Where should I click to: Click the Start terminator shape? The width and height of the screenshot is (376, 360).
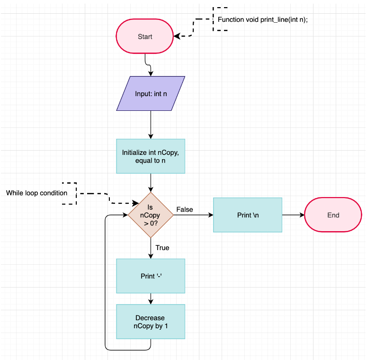click(145, 36)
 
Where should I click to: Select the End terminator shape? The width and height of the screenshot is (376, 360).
click(333, 215)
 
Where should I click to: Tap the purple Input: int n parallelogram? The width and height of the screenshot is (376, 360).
click(151, 94)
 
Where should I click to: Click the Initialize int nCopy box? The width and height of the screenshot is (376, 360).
click(151, 156)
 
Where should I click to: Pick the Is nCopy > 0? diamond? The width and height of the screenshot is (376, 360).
click(151, 215)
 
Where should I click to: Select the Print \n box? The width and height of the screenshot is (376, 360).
click(248, 215)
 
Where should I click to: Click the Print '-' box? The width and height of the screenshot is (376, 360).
click(151, 276)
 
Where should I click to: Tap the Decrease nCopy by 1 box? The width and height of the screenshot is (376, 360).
click(151, 322)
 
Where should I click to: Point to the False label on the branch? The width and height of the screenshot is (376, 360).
click(185, 209)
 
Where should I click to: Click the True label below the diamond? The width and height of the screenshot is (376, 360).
click(162, 248)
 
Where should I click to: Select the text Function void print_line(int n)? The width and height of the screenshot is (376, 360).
click(262, 19)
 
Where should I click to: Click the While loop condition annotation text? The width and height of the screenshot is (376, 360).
click(36, 193)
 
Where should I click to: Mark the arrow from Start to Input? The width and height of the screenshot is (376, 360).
click(148, 65)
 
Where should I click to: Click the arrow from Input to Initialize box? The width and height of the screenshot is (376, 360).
click(151, 125)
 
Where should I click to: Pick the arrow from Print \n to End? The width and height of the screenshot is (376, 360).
click(293, 215)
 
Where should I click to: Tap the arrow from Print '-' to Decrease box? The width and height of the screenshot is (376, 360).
click(151, 298)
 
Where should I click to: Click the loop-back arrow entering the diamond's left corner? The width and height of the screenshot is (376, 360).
click(105, 284)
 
